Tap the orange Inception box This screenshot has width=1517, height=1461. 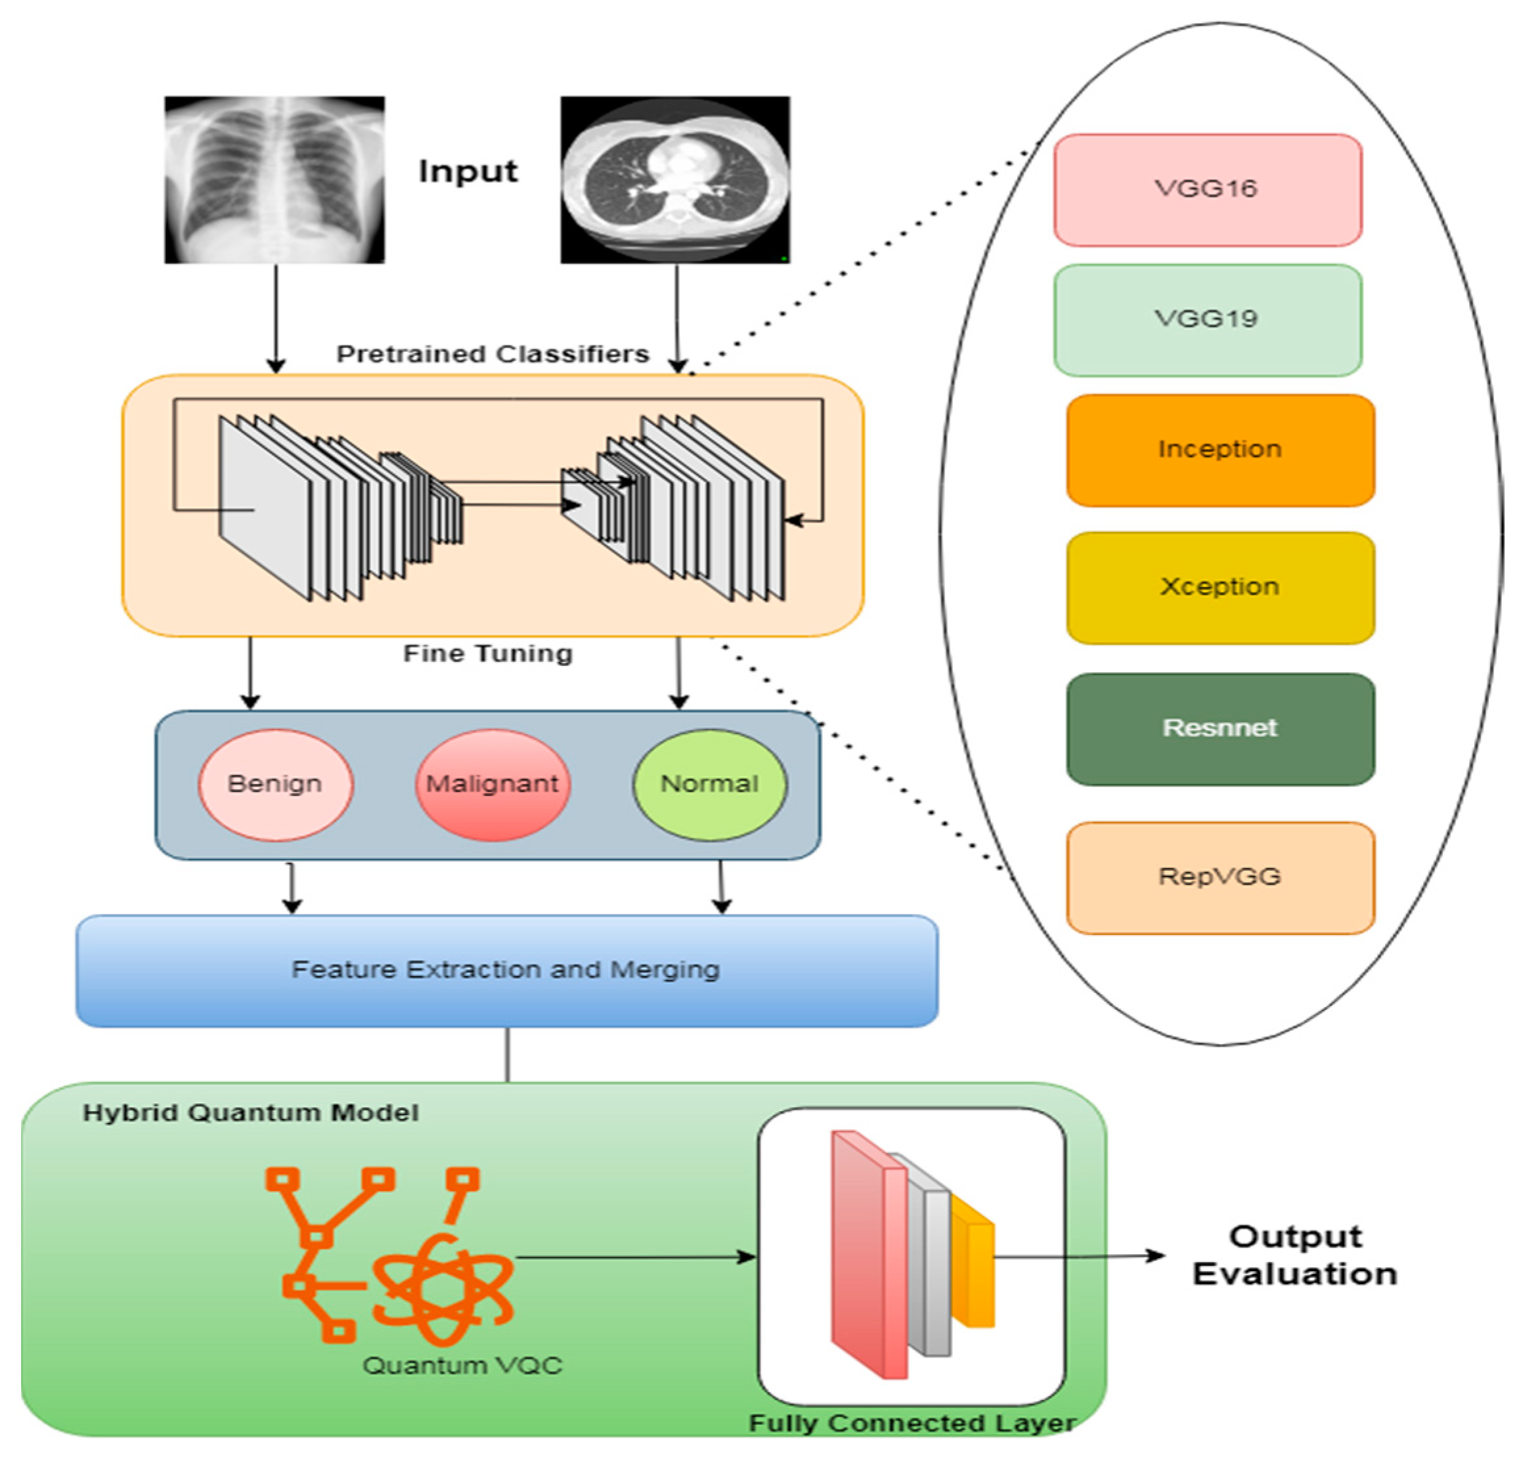point(1220,450)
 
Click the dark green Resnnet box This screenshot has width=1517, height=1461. point(1220,728)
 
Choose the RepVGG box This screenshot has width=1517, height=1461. point(1220,877)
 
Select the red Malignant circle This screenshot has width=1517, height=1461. point(493,784)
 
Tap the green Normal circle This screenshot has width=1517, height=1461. point(709,784)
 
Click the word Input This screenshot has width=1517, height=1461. point(468,171)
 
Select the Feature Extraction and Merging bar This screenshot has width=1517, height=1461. point(506,970)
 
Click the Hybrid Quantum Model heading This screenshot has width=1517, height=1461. point(250,1113)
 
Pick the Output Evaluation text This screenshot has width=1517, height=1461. point(1294,1255)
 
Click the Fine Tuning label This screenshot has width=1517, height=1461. point(487,654)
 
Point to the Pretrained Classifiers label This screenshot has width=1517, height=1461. point(493,355)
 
